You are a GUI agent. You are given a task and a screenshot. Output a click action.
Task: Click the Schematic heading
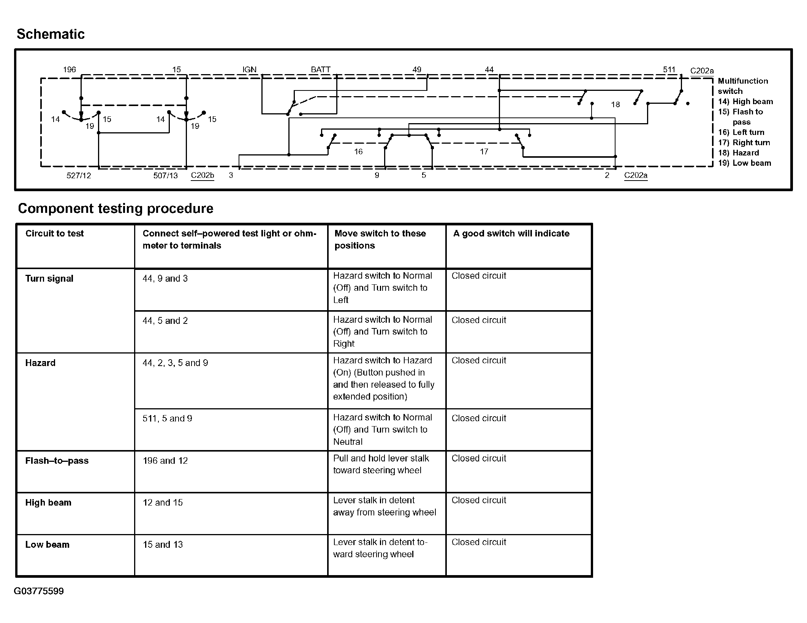pos(51,34)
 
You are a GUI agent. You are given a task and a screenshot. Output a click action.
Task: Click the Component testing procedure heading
pos(116,208)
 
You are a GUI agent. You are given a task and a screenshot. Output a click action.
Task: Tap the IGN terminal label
pos(249,70)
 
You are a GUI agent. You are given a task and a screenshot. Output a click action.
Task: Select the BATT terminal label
pos(320,70)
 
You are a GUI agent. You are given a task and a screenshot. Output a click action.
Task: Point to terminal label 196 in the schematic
pos(69,70)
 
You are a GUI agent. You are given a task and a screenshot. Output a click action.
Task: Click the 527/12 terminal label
pos(79,176)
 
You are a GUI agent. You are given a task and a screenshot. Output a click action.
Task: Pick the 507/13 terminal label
pos(165,176)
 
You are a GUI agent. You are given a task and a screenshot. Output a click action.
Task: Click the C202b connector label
pos(202,175)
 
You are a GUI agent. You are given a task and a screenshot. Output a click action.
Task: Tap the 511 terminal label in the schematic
pos(669,70)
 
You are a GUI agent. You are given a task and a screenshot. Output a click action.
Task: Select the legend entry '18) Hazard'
pos(738,153)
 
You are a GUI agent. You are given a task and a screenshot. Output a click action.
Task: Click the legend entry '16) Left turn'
pos(741,132)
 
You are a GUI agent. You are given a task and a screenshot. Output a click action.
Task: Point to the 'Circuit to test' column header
pos(54,233)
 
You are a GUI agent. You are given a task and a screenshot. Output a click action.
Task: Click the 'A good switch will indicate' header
pos(511,233)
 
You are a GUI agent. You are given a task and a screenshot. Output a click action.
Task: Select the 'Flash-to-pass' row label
pos(57,461)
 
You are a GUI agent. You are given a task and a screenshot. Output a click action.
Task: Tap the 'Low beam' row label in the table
pos(47,544)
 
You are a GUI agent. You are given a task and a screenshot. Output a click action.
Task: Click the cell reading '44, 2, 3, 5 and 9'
pos(175,363)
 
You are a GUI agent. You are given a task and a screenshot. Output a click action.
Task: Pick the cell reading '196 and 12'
pos(165,461)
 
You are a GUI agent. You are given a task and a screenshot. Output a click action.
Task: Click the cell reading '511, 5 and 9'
pos(167,419)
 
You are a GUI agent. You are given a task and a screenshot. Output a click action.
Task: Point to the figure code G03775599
pos(39,591)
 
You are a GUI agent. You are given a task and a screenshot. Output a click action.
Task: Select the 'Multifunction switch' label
pos(742,86)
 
